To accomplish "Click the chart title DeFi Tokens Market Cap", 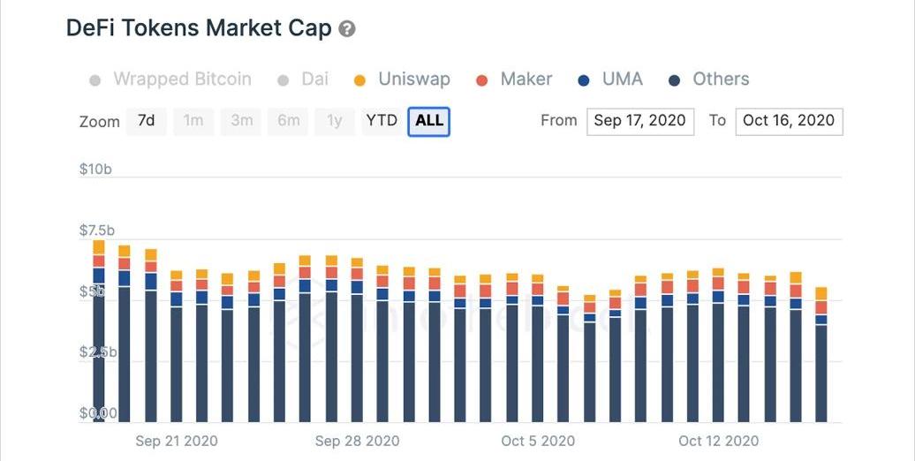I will [199, 28].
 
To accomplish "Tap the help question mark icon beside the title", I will [347, 29].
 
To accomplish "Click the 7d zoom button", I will [146, 121].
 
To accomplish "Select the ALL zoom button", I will [429, 121].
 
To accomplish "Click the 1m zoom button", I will [193, 121].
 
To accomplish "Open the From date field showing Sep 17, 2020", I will [639, 121].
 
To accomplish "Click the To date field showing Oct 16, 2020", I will [789, 121].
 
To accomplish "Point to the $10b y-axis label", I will [95, 170].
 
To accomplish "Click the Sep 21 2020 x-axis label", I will [177, 441].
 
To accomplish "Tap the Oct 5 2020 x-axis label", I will [538, 441].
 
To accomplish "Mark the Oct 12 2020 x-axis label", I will [718, 441].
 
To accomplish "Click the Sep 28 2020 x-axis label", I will [357, 441].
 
